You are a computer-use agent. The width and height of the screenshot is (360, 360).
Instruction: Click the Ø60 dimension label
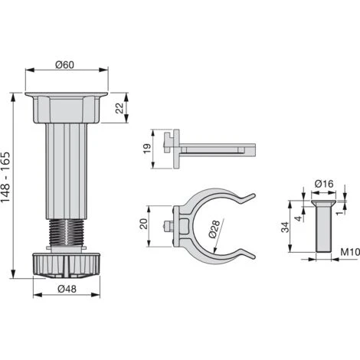pyautogui.click(x=65, y=64)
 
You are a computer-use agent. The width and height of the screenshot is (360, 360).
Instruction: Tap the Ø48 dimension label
pyautogui.click(x=67, y=289)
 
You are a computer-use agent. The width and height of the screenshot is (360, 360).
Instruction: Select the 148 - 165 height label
pyautogui.click(x=5, y=177)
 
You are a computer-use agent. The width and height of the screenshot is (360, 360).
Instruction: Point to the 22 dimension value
pyautogui.click(x=119, y=108)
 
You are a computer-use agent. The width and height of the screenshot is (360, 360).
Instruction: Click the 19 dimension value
pyautogui.click(x=147, y=149)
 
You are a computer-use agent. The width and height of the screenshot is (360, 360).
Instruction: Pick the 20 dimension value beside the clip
pyautogui.click(x=144, y=224)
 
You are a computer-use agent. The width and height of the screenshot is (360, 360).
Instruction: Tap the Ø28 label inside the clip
pyautogui.click(x=214, y=229)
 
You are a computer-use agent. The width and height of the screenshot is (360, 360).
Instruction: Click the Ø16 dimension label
pyautogui.click(x=324, y=184)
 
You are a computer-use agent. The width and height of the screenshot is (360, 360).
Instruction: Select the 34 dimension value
pyautogui.click(x=285, y=227)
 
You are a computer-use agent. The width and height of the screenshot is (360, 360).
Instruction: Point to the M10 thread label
pyautogui.click(x=350, y=252)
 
